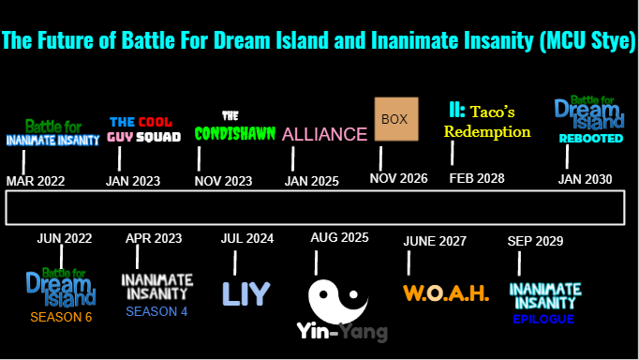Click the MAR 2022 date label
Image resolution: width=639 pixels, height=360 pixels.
36,180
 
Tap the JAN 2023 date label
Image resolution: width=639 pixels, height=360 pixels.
133,180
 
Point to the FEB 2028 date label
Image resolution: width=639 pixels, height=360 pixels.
477,178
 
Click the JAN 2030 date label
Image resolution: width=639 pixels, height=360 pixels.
585,178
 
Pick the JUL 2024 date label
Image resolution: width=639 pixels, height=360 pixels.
247,239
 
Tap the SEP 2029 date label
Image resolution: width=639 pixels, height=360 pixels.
536,241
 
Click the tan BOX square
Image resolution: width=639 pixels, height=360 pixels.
395,120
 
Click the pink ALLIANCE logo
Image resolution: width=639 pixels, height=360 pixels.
324,134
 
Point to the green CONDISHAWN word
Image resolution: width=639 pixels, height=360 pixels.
235,133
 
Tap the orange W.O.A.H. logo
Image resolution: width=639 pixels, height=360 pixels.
446,292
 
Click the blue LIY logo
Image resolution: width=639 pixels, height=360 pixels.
245,293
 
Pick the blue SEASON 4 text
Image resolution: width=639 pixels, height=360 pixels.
156,311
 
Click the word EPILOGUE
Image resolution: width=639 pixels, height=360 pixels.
543,319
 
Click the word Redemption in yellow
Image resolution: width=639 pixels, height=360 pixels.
487,132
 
